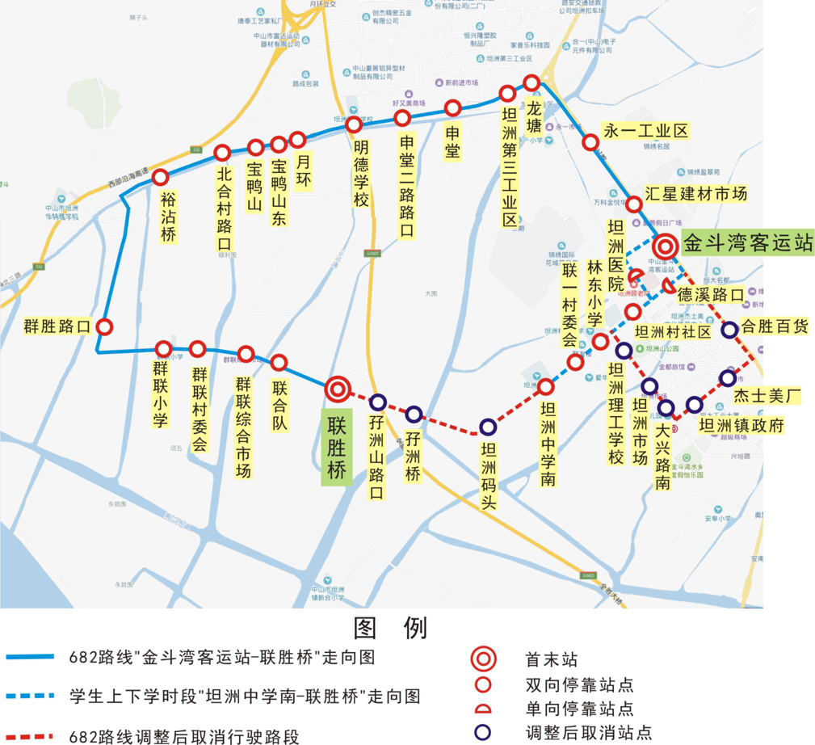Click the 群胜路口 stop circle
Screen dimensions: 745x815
coord(104,327)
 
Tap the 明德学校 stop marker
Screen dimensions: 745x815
coord(353,124)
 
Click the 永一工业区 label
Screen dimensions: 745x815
coord(646,131)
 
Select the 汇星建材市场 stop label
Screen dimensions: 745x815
coord(695,193)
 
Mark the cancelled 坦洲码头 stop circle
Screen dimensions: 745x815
coord(487,427)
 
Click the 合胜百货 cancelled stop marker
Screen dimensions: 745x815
coord(729,330)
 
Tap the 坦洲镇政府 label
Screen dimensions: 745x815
coord(741,426)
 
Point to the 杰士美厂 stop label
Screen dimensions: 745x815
coord(766,396)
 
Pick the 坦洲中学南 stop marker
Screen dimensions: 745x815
coord(546,386)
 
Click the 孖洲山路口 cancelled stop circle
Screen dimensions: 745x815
coord(377,402)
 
